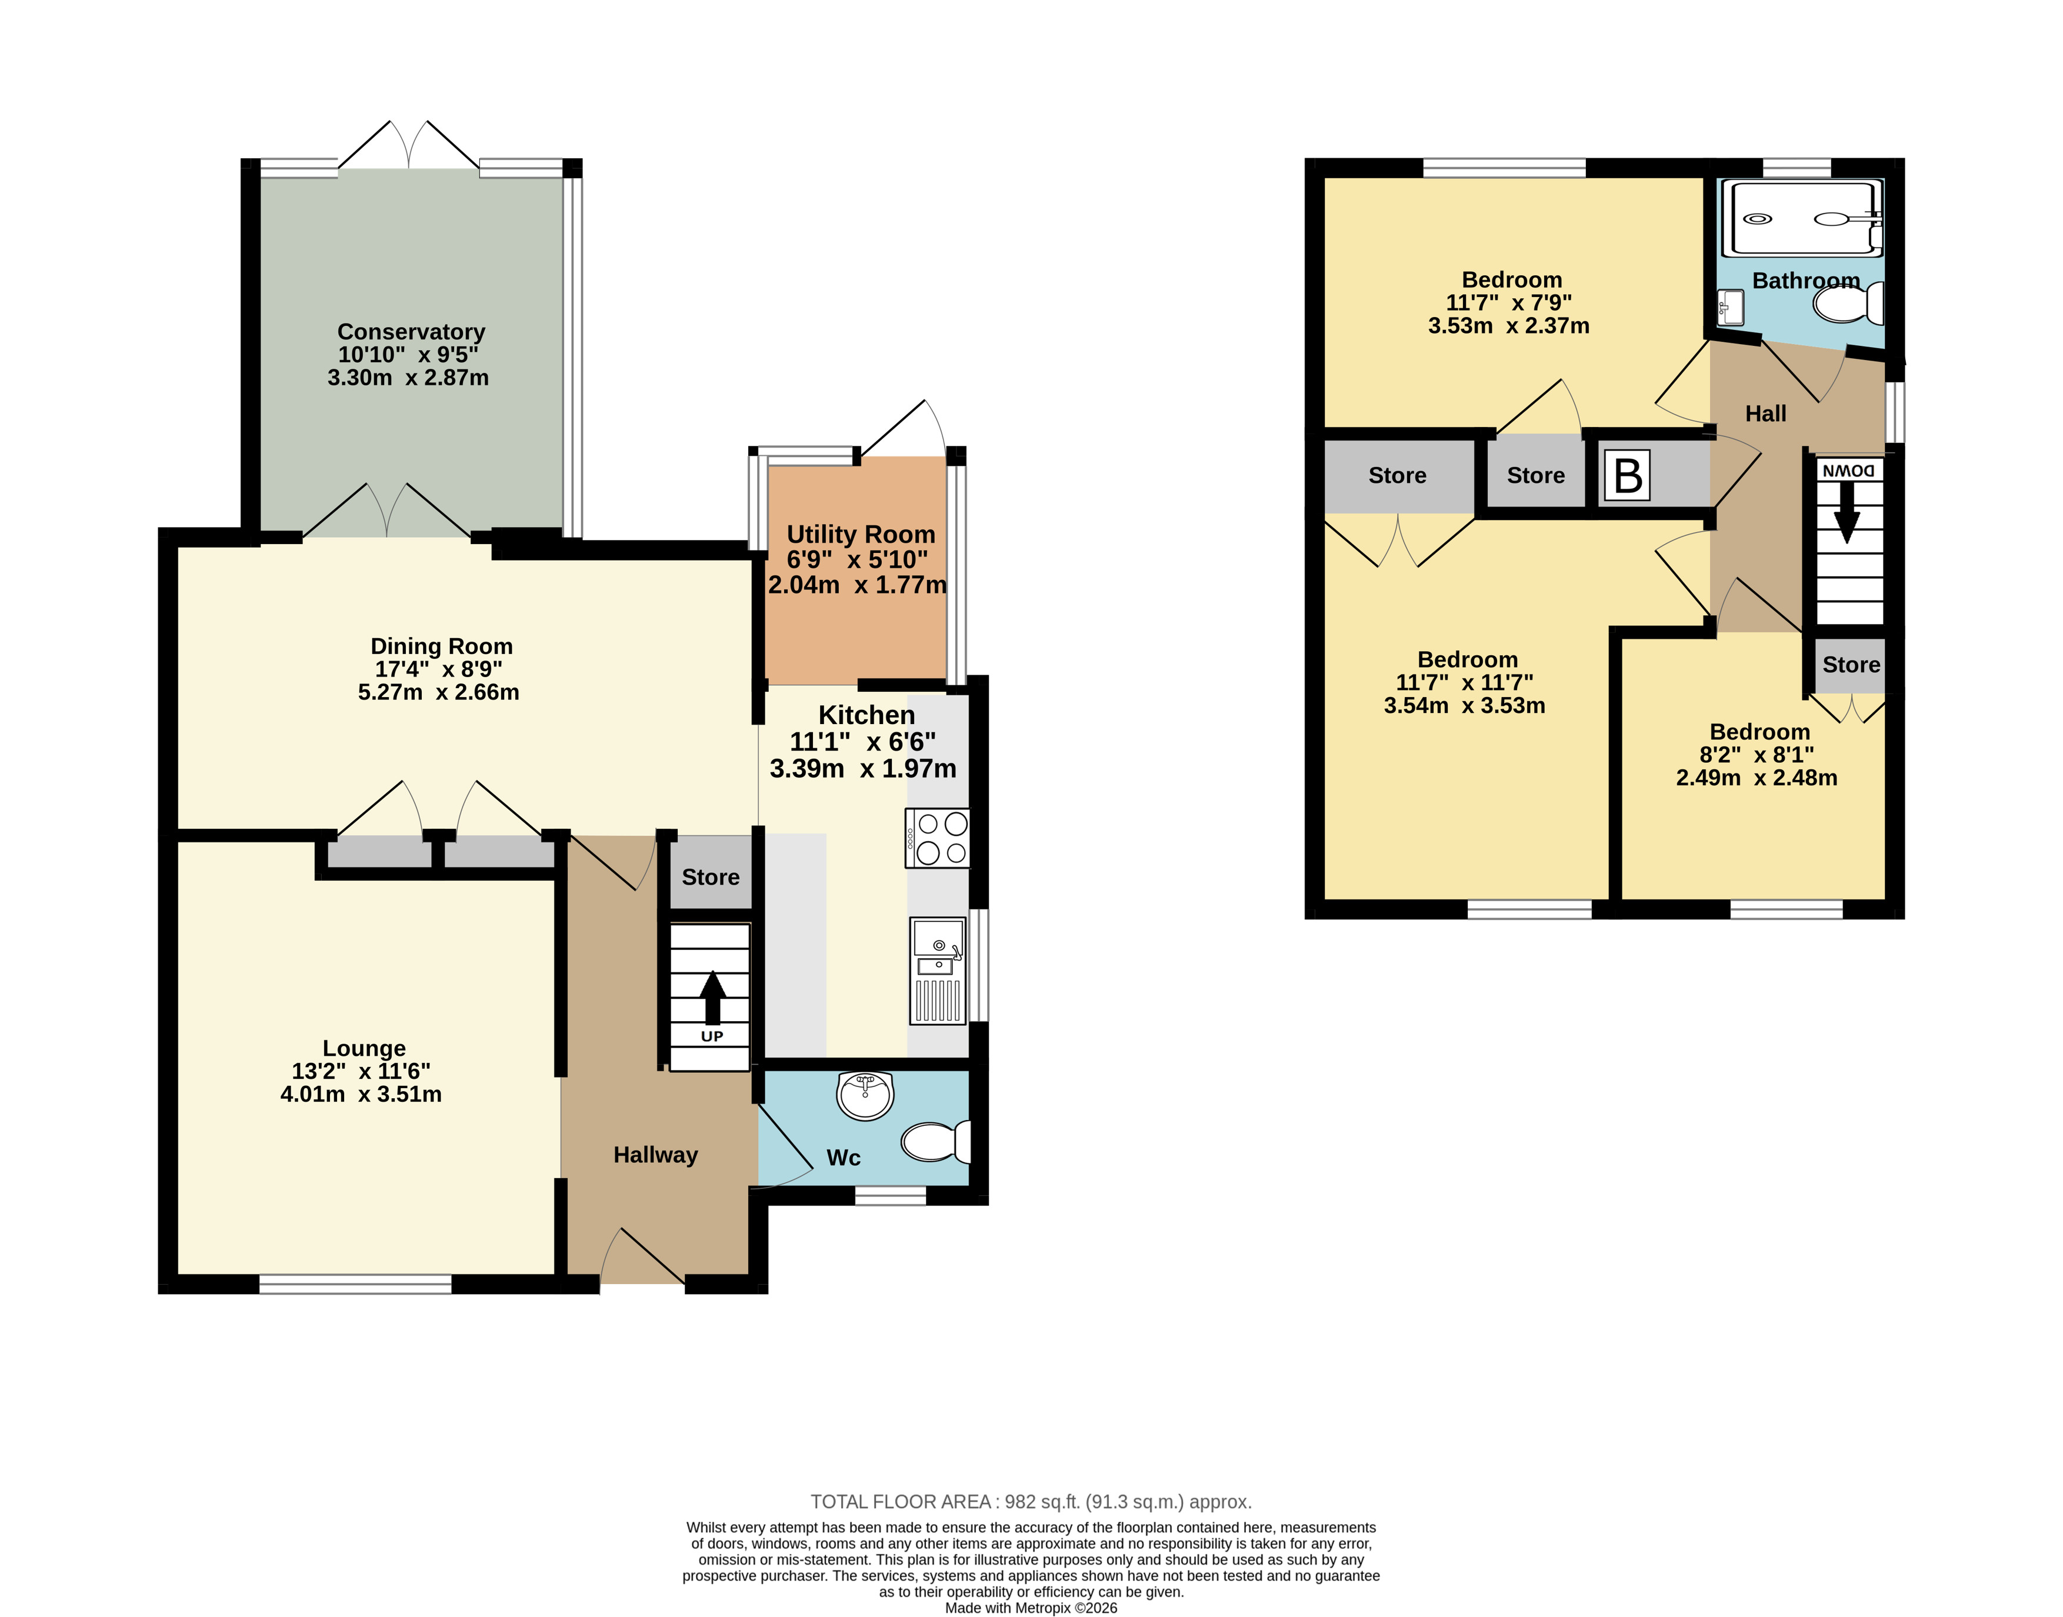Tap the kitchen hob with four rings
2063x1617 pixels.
(937, 838)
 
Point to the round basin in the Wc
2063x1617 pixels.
(864, 1095)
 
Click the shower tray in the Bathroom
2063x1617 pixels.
(1802, 219)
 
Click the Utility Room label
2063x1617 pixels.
(861, 535)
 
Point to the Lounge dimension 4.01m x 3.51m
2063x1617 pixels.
(361, 1095)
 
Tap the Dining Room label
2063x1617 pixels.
(441, 646)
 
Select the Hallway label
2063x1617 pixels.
(655, 1155)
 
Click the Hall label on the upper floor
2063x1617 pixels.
(1766, 414)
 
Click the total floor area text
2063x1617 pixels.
(1031, 1502)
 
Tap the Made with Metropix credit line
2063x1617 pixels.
(1031, 1608)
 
